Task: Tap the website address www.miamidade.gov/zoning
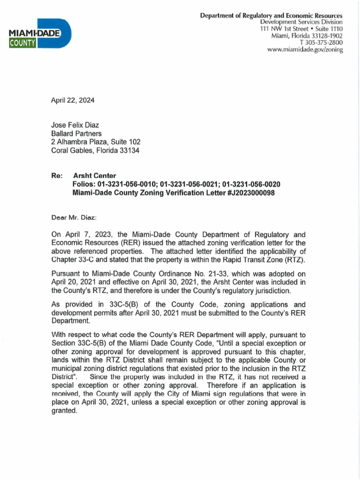pos(305,50)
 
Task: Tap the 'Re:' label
pos(56,176)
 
